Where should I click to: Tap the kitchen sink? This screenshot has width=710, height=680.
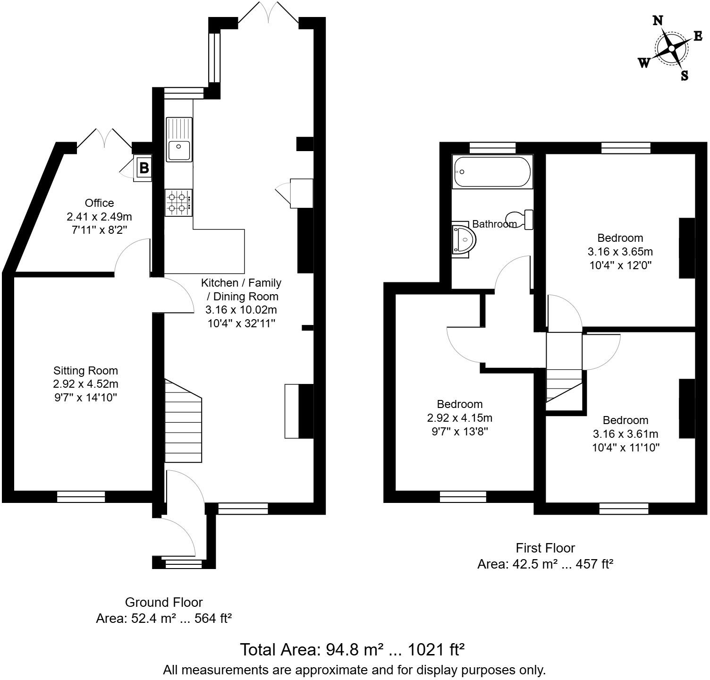[179, 140]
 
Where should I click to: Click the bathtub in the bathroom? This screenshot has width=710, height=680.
[492, 172]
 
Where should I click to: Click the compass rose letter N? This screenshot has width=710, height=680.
[658, 20]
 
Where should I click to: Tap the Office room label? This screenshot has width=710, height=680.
[99, 203]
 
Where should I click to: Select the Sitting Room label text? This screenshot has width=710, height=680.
[85, 371]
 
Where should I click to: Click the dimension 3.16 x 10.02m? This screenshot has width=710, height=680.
[241, 310]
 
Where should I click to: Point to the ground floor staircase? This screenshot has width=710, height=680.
[183, 420]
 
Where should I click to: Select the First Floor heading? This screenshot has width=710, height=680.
[545, 548]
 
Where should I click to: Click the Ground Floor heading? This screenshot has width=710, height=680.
[163, 602]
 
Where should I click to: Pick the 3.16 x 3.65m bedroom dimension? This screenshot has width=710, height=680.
[620, 251]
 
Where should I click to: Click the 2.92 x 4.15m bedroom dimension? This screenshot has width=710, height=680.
[459, 417]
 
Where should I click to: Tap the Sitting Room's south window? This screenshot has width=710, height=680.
[81, 496]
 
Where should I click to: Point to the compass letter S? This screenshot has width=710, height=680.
[685, 76]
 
